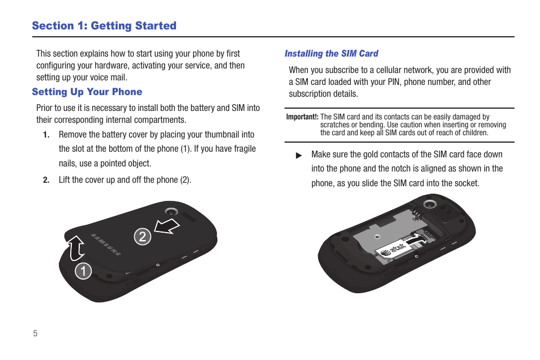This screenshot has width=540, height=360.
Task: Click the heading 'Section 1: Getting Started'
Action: (104, 25)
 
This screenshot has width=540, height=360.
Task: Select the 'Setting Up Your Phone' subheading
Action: (87, 92)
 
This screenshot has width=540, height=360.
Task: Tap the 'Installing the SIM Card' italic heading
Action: (331, 54)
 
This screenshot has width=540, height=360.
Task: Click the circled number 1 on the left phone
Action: (83, 271)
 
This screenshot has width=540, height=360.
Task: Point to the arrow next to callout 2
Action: (168, 226)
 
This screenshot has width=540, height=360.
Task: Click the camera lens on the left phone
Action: (172, 212)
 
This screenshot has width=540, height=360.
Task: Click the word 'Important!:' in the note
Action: (302, 117)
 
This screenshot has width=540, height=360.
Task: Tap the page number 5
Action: (35, 333)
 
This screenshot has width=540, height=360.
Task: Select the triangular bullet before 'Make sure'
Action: (299, 155)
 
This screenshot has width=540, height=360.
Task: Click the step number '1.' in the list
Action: (46, 135)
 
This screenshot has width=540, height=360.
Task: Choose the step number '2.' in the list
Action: (46, 181)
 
